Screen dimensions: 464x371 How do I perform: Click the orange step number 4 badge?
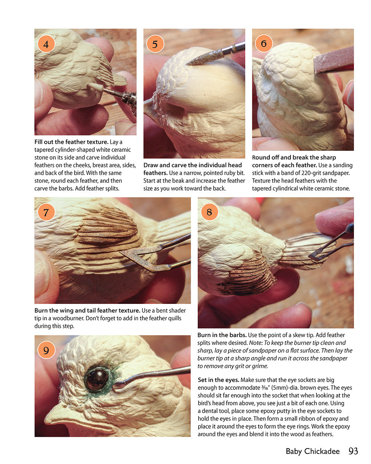(46, 45)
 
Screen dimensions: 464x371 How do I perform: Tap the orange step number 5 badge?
(155, 44)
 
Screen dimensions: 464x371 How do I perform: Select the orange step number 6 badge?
(264, 44)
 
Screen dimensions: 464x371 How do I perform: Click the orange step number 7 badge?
(46, 212)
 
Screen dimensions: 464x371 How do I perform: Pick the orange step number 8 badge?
(209, 212)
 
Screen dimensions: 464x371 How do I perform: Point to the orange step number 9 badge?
(46, 350)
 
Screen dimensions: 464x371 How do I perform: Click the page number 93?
(353, 451)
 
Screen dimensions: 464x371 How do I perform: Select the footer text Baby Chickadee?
(312, 451)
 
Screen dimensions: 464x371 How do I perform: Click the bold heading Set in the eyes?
(218, 380)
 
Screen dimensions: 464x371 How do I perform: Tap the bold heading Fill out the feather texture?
(71, 142)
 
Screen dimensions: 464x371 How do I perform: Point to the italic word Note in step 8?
(255, 343)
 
